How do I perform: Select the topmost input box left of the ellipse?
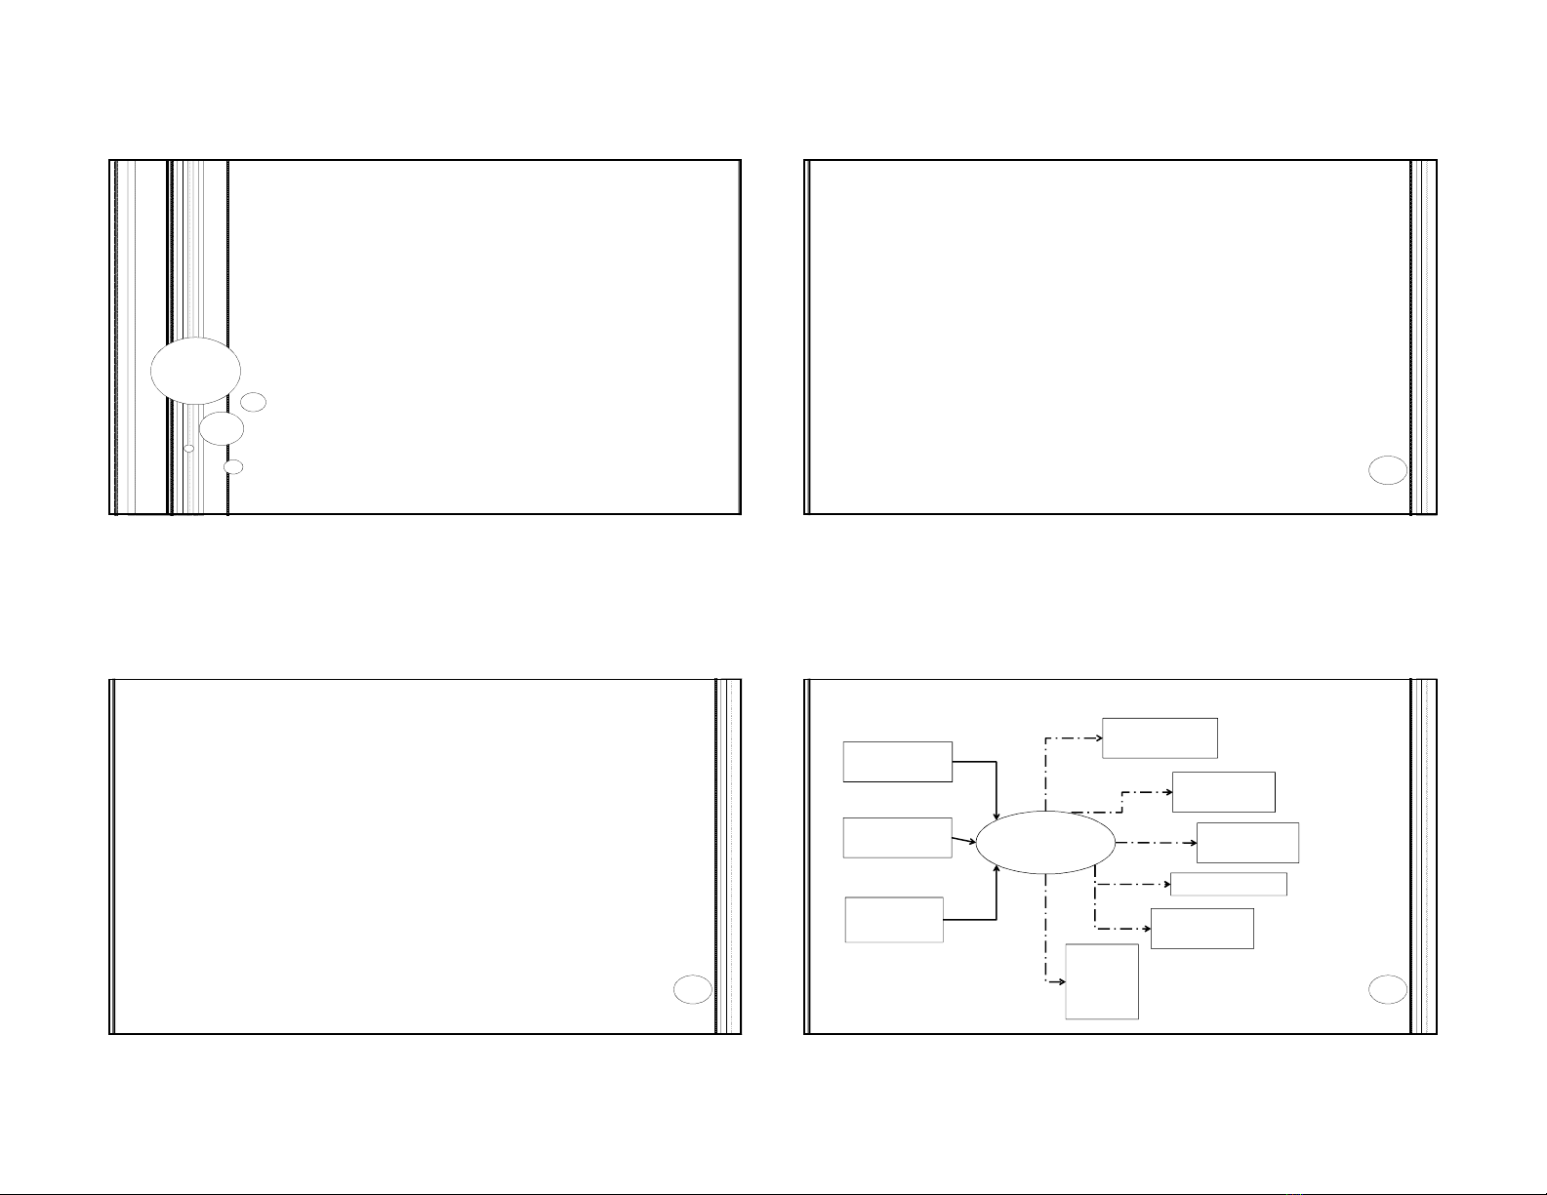pyautogui.click(x=897, y=761)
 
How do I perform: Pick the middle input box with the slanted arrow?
pyautogui.click(x=897, y=838)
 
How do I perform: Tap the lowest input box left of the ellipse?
pyautogui.click(x=894, y=920)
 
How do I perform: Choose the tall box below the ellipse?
pyautogui.click(x=1102, y=981)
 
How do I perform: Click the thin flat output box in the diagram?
pyautogui.click(x=1228, y=884)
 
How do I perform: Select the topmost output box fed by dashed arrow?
pyautogui.click(x=1160, y=737)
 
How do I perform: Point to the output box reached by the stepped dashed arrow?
pyautogui.click(x=1223, y=791)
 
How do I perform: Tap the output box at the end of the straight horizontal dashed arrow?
pyautogui.click(x=1247, y=842)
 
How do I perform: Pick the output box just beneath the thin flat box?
pyautogui.click(x=1201, y=929)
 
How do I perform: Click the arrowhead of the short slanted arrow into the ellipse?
pyautogui.click(x=972, y=840)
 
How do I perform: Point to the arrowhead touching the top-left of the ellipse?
pyautogui.click(x=996, y=817)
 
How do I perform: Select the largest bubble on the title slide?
pyautogui.click(x=196, y=371)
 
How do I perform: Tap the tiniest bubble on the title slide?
pyautogui.click(x=189, y=449)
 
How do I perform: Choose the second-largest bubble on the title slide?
pyautogui.click(x=222, y=428)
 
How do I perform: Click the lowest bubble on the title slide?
pyautogui.click(x=233, y=467)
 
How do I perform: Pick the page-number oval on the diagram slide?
pyautogui.click(x=1387, y=990)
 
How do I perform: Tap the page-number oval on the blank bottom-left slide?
pyautogui.click(x=692, y=990)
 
